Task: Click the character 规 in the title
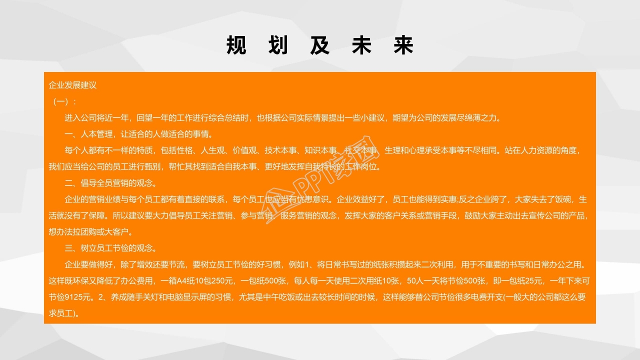tap(236, 45)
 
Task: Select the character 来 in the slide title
tap(403, 45)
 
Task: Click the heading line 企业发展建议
tap(72, 85)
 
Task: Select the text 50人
tap(416, 280)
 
